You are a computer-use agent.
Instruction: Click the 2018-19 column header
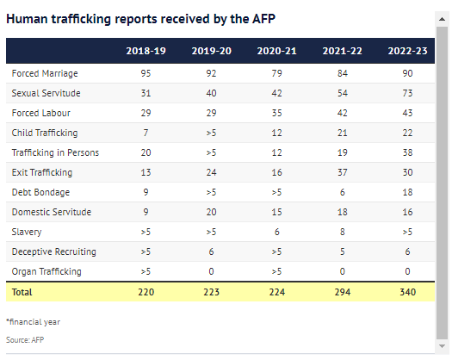(146, 51)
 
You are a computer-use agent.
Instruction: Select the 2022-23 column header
(407, 51)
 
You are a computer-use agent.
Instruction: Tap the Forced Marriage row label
(45, 73)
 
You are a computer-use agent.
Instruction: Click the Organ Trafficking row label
(46, 272)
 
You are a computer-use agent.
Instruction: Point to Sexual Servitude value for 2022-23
(407, 93)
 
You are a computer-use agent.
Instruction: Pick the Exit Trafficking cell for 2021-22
(342, 172)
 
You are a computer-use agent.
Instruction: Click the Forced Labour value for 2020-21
(276, 113)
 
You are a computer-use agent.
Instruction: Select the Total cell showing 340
(407, 292)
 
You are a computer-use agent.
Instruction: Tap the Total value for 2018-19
(146, 292)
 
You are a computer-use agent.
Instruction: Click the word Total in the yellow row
(22, 292)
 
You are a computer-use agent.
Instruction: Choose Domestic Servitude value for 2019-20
(211, 213)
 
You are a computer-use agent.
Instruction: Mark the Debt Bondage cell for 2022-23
(407, 192)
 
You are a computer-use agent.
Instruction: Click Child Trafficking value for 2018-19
(146, 133)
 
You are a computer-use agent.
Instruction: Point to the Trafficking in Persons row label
(55, 152)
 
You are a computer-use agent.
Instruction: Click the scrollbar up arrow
(442, 19)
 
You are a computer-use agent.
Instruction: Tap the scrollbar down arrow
(442, 346)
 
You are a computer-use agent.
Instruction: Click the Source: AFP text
(25, 340)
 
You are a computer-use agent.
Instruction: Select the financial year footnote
(34, 322)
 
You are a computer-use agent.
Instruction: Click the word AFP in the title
(263, 19)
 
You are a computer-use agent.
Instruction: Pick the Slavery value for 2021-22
(342, 232)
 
